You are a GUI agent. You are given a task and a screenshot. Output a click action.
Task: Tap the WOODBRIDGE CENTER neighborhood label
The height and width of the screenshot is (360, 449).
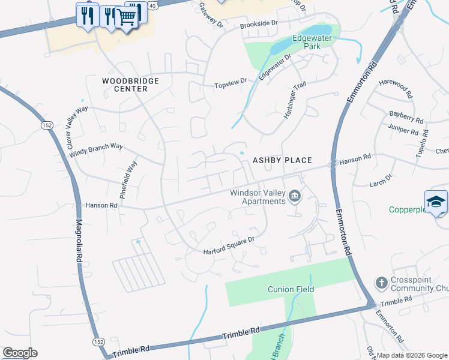[x=130, y=85]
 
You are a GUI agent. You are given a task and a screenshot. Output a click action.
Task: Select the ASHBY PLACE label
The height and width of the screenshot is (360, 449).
[x=282, y=160]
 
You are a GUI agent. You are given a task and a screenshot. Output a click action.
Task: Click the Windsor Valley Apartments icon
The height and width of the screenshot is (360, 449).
[x=295, y=196]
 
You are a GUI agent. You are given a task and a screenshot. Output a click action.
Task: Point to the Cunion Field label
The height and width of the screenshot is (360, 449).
[x=291, y=289]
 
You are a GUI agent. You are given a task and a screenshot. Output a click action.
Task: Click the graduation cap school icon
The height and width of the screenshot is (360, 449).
[x=436, y=201]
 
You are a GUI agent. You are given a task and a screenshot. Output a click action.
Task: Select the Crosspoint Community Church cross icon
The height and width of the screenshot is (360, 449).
[x=380, y=283]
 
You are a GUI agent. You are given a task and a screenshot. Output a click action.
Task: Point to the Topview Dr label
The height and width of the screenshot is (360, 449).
[x=231, y=83]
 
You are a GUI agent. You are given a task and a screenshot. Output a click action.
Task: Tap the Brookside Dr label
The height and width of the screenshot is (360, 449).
[x=259, y=23]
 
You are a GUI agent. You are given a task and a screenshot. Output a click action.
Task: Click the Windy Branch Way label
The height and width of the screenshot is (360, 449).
[x=96, y=150]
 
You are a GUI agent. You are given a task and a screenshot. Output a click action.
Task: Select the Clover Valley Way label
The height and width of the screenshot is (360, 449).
[x=77, y=128]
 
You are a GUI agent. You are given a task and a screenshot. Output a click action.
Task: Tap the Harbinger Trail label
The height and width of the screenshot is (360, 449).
[x=295, y=100]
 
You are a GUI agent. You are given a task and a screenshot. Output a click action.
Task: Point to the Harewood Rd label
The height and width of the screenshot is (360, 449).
[x=396, y=91]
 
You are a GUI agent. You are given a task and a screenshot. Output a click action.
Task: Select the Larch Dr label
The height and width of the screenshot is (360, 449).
[x=381, y=178]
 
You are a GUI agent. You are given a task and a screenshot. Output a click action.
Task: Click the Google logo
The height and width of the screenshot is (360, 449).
[x=20, y=353]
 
